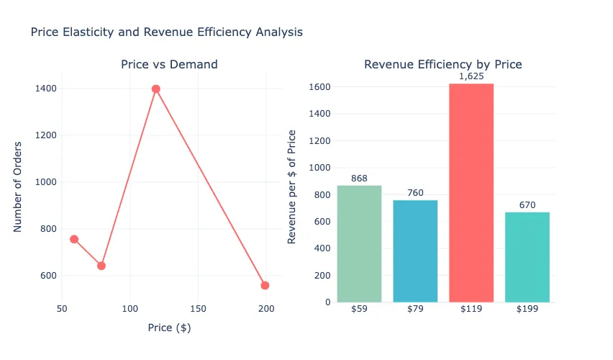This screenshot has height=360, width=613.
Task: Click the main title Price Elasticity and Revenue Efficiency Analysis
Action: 166,32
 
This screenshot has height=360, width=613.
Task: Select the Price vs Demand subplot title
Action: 169,65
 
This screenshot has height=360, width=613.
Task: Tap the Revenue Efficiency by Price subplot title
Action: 442,65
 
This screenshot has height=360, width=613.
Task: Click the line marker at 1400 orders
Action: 156,89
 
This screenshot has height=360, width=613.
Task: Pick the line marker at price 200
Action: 265,285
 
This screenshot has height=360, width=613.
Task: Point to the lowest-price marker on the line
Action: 73,239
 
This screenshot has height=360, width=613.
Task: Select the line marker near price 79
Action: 101,266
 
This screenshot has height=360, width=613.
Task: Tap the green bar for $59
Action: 359,244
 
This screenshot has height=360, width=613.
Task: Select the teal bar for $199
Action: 527,257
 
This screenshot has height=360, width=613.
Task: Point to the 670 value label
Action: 527,204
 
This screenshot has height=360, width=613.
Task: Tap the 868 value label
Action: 359,178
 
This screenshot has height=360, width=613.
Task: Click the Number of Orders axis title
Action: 19,187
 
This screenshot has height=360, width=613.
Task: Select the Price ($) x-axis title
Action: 169,328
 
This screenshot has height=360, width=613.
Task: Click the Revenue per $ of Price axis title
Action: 292,187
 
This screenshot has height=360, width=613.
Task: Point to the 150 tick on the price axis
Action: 199,309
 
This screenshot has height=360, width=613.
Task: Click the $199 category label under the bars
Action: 527,310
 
